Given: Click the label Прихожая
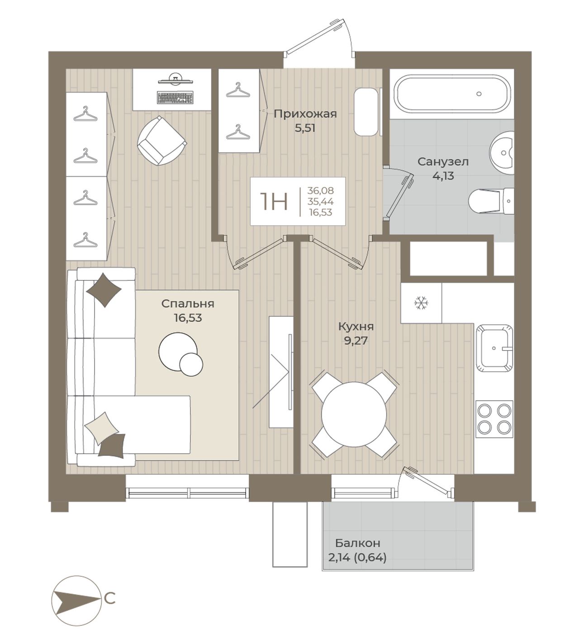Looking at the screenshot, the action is coord(305,114).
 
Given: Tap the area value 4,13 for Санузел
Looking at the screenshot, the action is coord(443,176).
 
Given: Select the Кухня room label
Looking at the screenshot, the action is coord(356,327).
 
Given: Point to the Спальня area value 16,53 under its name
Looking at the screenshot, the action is coord(188,318).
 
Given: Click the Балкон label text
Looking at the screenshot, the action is coord(357,543).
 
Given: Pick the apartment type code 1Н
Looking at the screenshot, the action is coord(274,202).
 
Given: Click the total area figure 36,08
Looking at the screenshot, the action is coord(320,190).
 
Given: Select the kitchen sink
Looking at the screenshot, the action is coord(494,348).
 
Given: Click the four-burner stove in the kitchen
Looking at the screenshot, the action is coord(494,419).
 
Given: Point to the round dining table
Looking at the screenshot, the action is coord(354,414).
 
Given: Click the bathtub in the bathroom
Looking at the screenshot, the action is coord(452,94).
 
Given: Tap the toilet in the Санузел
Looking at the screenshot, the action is coord(492,201).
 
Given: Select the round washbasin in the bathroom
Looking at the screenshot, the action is coord(502,153).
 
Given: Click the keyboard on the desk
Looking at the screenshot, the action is coord(175,98).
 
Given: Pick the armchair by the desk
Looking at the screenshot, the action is coord(161,140).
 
